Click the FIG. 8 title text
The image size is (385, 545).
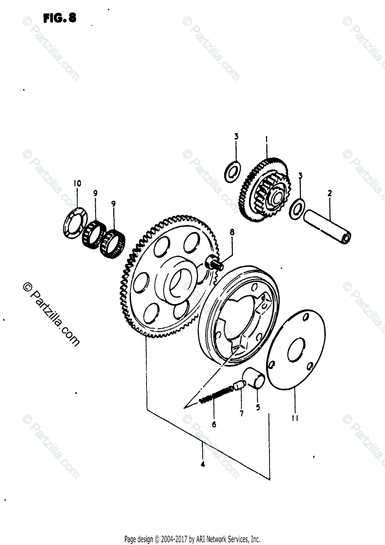coord(59,18)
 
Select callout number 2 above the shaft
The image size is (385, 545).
coord(330,193)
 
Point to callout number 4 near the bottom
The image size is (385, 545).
coord(203,464)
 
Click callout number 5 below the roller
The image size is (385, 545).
coord(258,407)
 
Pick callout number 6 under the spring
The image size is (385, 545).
coord(214,425)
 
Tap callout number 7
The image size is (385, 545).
coord(241,413)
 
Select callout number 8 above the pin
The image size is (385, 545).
coord(232,232)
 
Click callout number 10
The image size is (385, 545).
coord(77,183)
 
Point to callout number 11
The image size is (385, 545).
coord(295,420)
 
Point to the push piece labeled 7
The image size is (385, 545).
coord(239,387)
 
